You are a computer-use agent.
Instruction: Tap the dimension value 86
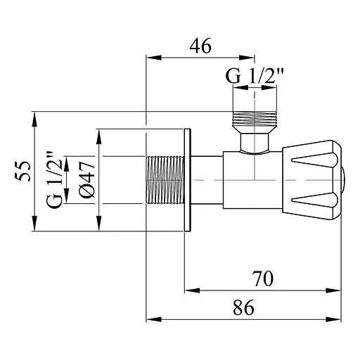[x=243, y=307]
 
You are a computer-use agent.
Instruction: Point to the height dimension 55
[x=23, y=171]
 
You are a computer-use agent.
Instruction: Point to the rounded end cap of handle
[x=343, y=180]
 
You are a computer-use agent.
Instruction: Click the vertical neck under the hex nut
[x=255, y=143]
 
